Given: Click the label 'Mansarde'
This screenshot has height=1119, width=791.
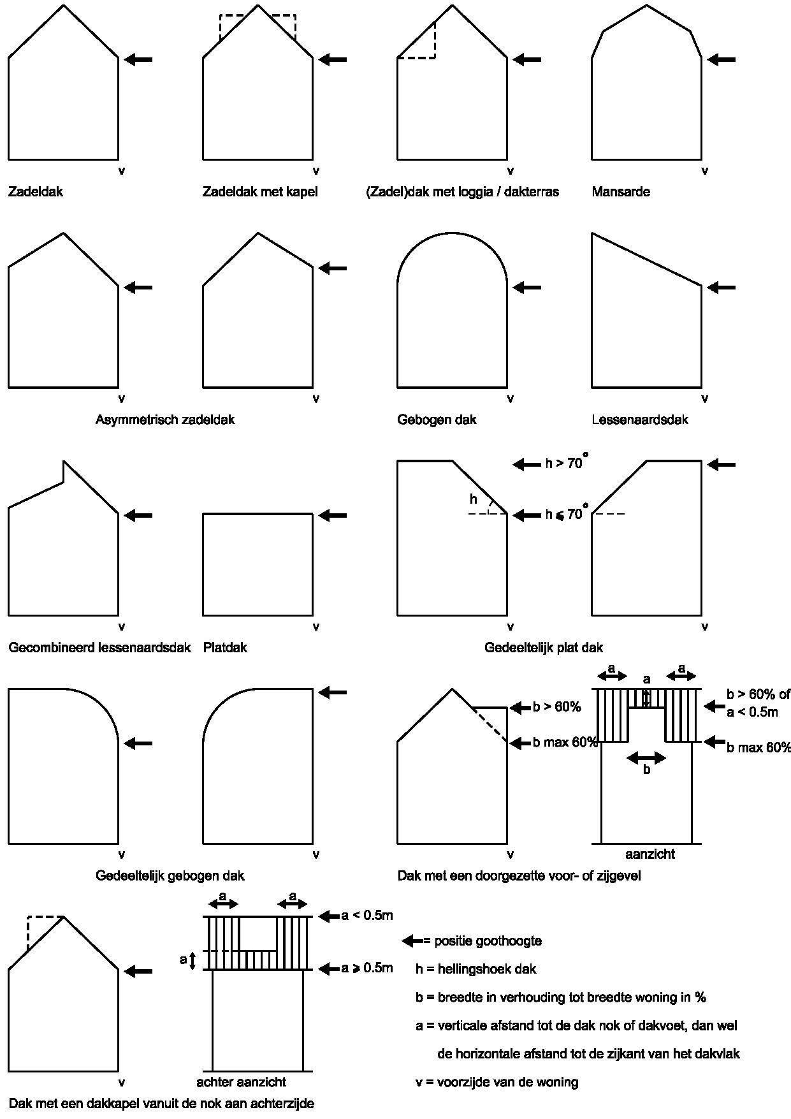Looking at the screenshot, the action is point(621,191).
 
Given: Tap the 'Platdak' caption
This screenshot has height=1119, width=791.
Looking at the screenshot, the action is point(225,647).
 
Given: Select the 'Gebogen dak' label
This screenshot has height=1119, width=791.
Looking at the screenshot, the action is point(437,420).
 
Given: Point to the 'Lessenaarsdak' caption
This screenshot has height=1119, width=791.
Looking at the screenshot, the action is point(640,420).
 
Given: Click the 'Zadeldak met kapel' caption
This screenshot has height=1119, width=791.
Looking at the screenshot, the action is point(260,191).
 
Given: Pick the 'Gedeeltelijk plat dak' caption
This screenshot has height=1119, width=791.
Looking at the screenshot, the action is point(544,647).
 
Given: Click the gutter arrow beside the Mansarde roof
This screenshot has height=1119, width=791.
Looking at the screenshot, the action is point(721,59).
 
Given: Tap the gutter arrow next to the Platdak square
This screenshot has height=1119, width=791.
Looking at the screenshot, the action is point(332,515).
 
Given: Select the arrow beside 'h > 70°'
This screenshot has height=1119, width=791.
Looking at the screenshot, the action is point(526,464).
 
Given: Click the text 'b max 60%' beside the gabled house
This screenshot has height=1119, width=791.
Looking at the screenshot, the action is point(565,742).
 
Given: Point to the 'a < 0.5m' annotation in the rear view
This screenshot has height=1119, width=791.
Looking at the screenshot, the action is point(367,916).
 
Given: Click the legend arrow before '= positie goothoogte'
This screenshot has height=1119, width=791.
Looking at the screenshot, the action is point(412,940).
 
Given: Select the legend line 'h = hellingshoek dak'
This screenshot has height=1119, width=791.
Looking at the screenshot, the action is point(476,969).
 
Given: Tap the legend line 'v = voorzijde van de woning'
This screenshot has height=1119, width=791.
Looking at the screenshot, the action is point(497,1082).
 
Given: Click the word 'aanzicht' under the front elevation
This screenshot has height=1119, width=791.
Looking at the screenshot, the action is point(649,854).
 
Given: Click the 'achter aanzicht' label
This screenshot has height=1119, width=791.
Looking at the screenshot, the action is point(241,1082).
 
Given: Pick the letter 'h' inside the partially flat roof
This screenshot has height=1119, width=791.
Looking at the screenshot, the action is point(473,499).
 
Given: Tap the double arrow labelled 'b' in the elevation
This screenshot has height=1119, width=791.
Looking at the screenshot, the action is point(646,758).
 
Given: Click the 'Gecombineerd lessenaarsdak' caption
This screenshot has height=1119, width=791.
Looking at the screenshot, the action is point(99,647).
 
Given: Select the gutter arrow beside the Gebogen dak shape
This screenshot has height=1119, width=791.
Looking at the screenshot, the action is point(526,288).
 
